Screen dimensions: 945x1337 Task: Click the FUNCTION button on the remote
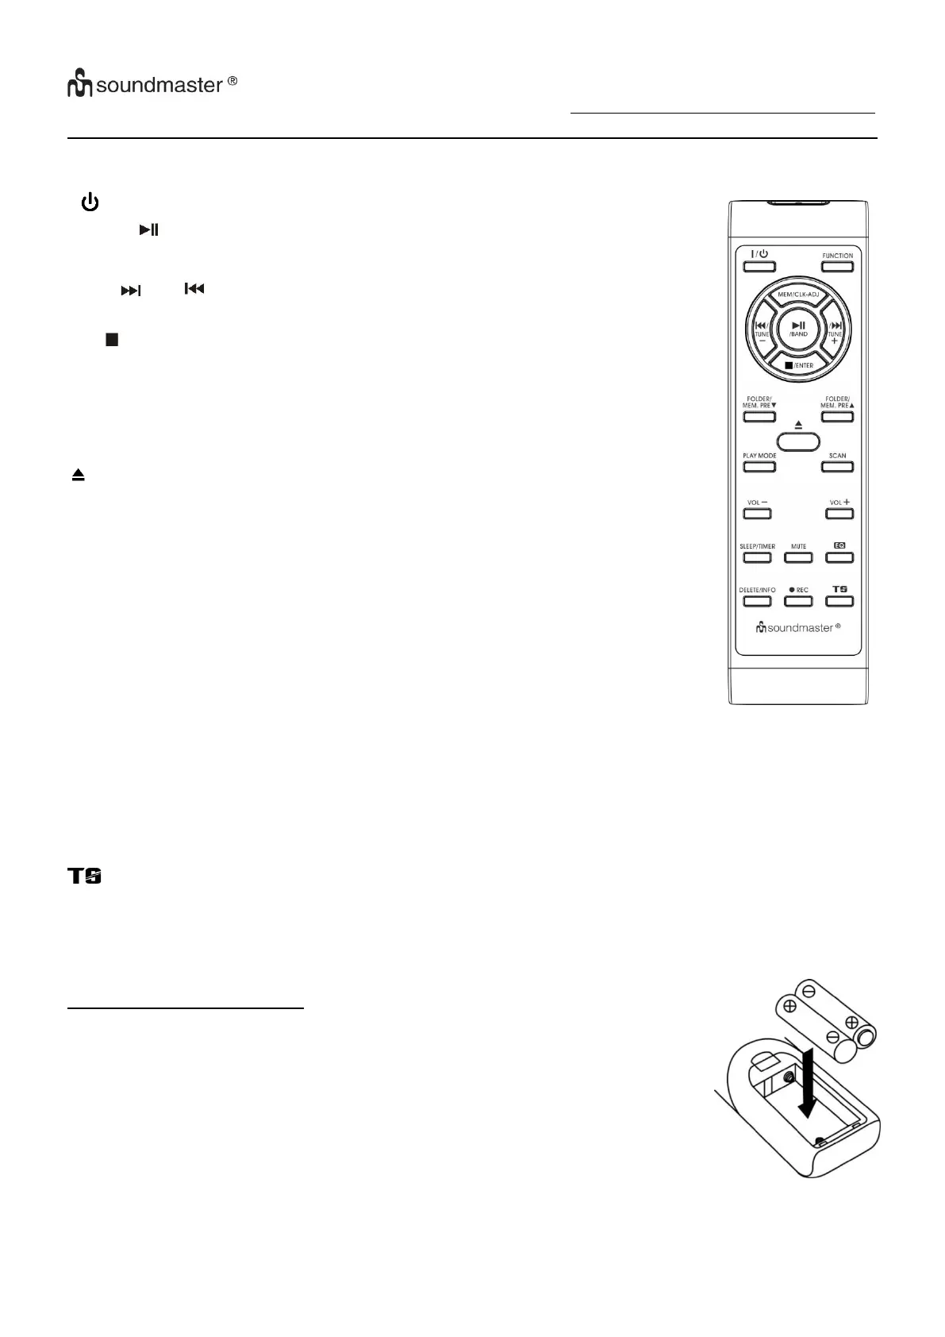(x=837, y=266)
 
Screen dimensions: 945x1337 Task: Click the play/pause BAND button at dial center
(x=798, y=329)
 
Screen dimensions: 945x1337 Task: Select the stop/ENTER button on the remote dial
(x=798, y=363)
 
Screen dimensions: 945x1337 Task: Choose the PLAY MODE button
(x=759, y=466)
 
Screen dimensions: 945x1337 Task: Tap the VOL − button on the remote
(x=757, y=513)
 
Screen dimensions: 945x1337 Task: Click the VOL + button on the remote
(x=839, y=513)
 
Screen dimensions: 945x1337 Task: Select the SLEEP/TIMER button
(x=757, y=557)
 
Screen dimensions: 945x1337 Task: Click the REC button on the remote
(x=798, y=600)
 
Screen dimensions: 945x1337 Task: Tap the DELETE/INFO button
(x=757, y=600)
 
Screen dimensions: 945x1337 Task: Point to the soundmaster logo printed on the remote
(x=797, y=627)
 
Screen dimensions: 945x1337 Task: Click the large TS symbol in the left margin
(x=85, y=877)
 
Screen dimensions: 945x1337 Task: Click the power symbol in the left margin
(x=90, y=203)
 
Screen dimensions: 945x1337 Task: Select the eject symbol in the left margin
(x=78, y=476)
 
